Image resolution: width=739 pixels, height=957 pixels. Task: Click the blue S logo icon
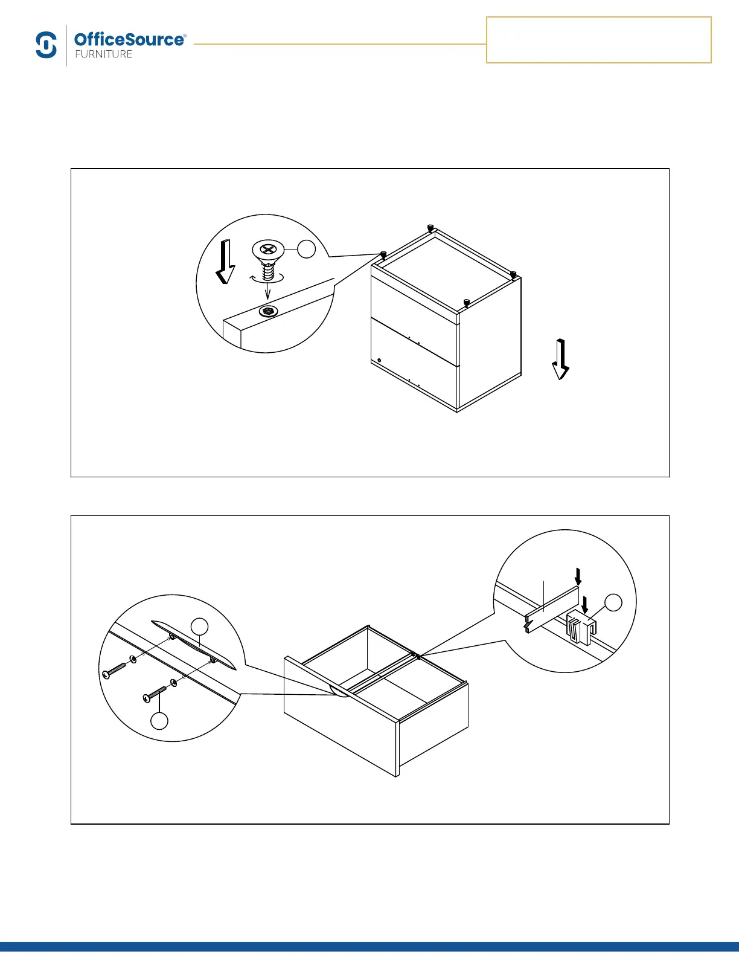[x=46, y=45]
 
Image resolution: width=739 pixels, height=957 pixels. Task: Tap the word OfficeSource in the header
[x=129, y=40]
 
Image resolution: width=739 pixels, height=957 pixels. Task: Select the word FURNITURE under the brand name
[x=103, y=54]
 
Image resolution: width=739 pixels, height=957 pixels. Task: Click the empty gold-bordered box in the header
[x=598, y=40]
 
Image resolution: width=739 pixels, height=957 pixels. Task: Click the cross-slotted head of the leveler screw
[x=267, y=248]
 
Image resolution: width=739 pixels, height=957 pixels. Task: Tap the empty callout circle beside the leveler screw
[x=307, y=248]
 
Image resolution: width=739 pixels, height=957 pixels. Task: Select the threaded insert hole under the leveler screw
[x=267, y=311]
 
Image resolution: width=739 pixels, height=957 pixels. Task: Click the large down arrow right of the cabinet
[x=561, y=359]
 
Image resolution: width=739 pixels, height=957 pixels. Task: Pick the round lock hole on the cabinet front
[x=379, y=361]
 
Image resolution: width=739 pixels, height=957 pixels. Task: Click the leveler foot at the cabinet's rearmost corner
[x=430, y=228]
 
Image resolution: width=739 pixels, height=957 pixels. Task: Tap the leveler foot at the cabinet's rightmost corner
[x=513, y=275]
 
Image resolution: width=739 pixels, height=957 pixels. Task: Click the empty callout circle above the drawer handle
[x=200, y=627]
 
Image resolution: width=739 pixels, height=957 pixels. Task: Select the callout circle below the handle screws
[x=159, y=721]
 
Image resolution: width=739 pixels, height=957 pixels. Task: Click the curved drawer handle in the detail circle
[x=193, y=643]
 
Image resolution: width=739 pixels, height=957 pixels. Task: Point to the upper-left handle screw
[x=115, y=670]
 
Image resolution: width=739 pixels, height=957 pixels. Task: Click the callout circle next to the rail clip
[x=613, y=602]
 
